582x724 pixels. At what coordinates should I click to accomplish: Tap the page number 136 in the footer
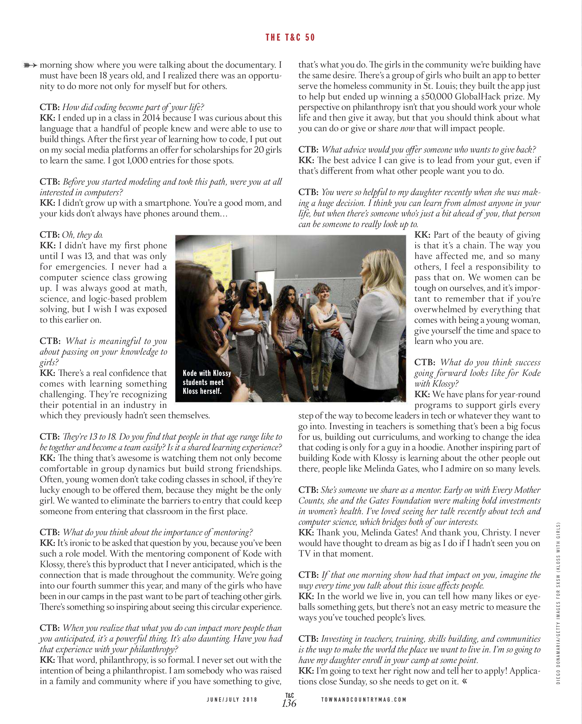point(289,703)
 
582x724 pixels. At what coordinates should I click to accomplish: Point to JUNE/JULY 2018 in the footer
point(232,700)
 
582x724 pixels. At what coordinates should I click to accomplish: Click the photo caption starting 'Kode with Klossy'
point(206,382)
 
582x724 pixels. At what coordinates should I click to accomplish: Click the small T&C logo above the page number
point(289,695)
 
